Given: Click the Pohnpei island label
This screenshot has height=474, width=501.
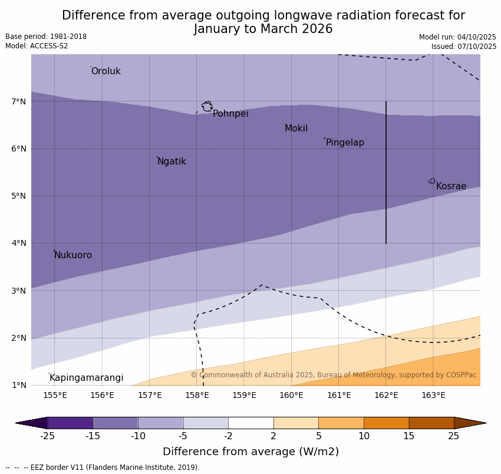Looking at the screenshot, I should tap(230, 114).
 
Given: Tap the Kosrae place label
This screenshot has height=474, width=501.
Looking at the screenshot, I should tap(451, 186).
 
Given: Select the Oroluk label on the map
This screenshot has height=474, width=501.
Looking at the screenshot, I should tap(106, 71).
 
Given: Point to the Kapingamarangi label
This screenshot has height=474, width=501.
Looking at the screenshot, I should tap(86, 378).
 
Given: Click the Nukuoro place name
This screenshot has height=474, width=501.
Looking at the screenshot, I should tap(73, 255).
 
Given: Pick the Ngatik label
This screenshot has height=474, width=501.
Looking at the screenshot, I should tap(172, 162).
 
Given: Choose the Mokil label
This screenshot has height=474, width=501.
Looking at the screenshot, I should tap(296, 129).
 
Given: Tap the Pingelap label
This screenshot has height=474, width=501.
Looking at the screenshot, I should tap(345, 143).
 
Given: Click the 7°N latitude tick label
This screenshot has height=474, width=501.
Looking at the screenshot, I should tap(19, 101).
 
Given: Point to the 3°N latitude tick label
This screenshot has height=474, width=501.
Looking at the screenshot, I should tap(19, 291).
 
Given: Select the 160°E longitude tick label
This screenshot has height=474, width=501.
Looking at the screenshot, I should tap(291, 395).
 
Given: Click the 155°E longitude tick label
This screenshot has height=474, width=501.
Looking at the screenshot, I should tap(55, 395).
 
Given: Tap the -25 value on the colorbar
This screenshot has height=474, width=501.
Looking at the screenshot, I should tap(47, 436).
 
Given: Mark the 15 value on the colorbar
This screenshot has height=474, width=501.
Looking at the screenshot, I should tap(409, 436).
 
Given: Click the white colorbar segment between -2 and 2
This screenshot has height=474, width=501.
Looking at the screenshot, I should tap(250, 423).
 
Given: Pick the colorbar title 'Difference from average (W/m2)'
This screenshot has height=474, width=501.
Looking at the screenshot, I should tap(250, 452).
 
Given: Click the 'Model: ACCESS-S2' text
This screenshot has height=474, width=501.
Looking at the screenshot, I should tap(37, 46).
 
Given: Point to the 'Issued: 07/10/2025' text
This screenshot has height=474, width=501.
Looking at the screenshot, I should tap(463, 47).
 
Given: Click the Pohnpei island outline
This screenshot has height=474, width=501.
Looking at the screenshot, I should tap(207, 107).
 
